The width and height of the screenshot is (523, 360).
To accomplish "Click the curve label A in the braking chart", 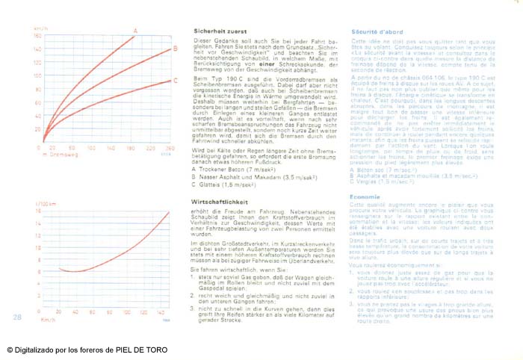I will click(x=134, y=30).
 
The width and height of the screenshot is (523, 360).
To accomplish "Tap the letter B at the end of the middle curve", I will click(x=175, y=50).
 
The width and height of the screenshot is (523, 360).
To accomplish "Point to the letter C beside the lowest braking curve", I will click(x=175, y=81).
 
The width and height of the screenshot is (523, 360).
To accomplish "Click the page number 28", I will click(x=17, y=317).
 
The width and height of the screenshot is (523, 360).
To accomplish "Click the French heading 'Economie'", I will click(x=366, y=196).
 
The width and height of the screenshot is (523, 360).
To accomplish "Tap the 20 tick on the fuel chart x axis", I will click(x=57, y=311).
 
